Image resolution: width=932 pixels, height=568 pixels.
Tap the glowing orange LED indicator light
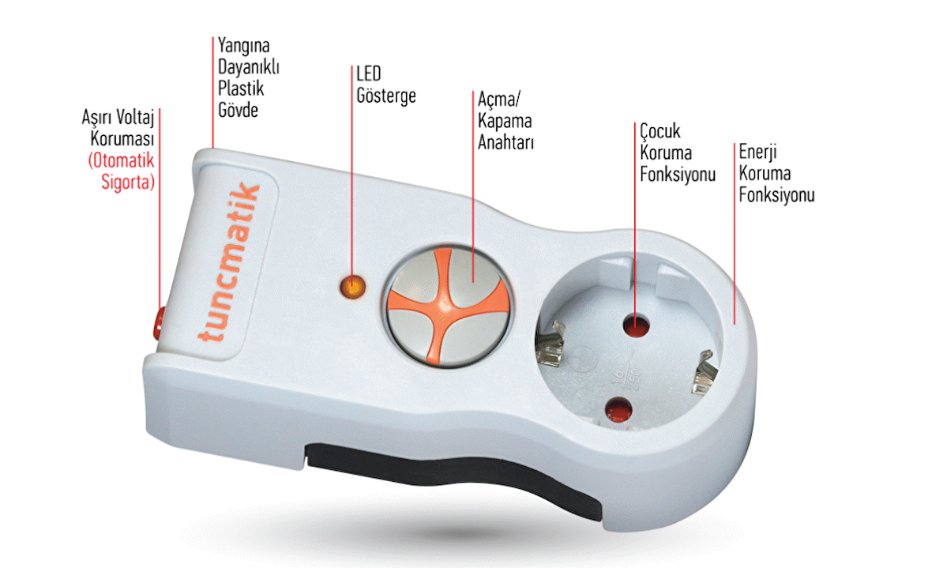click(352, 287)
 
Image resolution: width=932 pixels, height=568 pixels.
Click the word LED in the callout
click(369, 74)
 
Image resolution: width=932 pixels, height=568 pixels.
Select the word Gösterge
click(385, 96)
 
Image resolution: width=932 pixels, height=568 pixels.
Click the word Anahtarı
click(506, 144)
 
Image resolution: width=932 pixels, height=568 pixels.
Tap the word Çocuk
click(660, 131)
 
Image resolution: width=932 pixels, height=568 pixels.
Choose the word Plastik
click(241, 88)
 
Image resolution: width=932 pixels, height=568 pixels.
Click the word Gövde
click(238, 109)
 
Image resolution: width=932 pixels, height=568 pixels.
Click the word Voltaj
click(131, 117)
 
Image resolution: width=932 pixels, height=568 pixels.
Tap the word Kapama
click(505, 122)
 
